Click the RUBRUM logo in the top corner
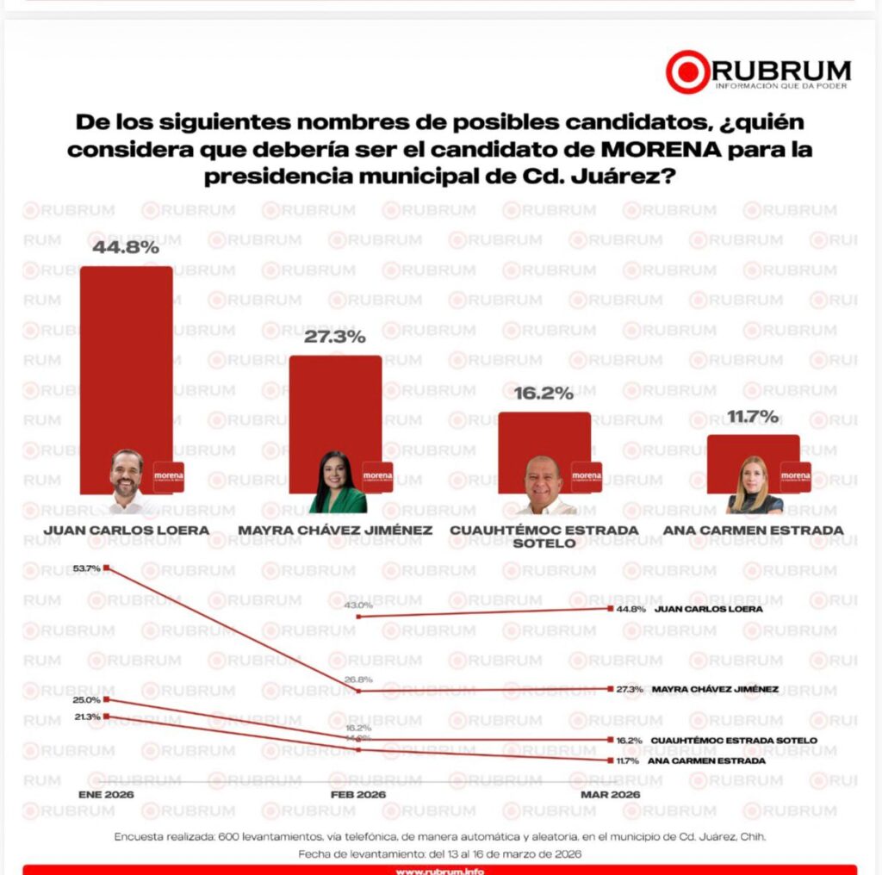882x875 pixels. (758, 71)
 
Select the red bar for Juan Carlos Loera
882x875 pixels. (127, 362)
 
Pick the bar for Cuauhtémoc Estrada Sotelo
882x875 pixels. (544, 435)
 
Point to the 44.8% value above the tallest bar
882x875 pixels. (127, 247)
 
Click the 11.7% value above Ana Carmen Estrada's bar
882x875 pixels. (753, 417)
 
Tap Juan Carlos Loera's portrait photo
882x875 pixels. (127, 479)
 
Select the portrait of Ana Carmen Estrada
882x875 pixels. (753, 487)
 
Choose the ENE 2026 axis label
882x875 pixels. (106, 793)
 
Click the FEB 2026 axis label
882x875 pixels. (358, 793)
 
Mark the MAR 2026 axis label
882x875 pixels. (611, 793)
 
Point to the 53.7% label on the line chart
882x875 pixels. (86, 568)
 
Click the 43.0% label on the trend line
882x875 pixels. (358, 605)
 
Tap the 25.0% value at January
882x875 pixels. (86, 700)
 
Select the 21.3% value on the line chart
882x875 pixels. (86, 717)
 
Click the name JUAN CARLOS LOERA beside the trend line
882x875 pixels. (709, 609)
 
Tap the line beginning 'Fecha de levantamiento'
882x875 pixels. (440, 853)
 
